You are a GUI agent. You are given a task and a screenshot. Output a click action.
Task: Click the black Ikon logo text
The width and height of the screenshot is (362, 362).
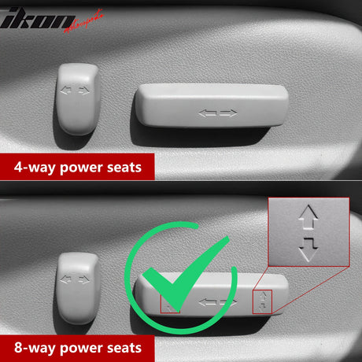coord(37,18)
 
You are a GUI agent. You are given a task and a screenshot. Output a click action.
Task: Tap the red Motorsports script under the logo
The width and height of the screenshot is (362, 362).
coord(83,21)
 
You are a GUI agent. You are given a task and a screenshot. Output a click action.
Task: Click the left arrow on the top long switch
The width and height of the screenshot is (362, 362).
coord(207,113)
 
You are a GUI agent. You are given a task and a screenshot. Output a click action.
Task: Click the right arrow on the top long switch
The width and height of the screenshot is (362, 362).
coord(228,113)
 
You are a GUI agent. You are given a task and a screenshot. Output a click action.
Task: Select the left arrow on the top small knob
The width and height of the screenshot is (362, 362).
coord(65,90)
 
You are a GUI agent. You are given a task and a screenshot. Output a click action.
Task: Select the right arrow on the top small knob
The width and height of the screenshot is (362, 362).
coord(84,90)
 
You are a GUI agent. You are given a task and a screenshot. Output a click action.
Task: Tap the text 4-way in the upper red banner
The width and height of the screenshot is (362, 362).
coord(35,168)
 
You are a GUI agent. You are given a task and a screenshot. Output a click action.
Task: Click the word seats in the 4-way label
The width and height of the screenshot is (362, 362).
coord(124,168)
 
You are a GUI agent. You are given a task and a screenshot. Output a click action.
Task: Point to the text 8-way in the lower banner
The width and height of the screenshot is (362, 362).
coord(35,348)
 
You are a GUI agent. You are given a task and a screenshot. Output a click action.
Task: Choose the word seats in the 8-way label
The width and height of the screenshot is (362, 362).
coord(124,348)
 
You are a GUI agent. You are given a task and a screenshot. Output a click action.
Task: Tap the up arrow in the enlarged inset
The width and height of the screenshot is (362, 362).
coord(308,216)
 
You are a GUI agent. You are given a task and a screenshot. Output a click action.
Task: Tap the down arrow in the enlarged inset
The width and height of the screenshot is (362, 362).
coord(308,249)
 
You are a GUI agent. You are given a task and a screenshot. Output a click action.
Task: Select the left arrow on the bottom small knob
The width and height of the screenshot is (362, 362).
coord(65,279)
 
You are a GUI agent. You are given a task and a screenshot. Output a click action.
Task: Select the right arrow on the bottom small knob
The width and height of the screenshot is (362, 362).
coord(84,279)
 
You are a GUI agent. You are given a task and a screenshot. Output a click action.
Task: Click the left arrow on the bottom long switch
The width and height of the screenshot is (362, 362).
coord(207,302)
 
